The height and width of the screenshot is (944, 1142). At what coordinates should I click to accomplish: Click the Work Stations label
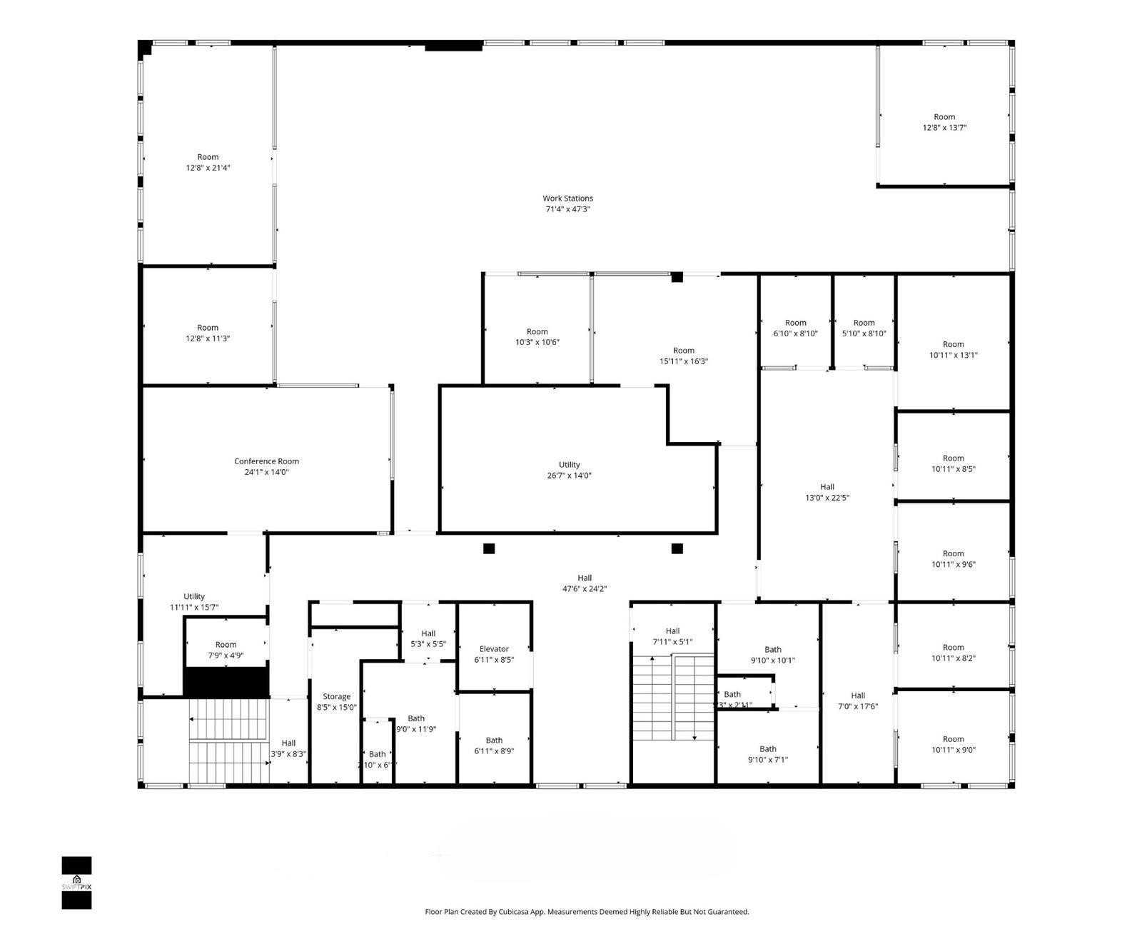point(567,199)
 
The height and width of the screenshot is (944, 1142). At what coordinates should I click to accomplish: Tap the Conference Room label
point(266,461)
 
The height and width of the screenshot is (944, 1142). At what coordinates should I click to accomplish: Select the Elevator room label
point(494,649)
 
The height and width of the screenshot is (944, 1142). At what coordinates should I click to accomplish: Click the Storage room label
point(336,696)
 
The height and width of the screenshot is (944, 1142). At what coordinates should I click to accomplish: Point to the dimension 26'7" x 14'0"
point(570,476)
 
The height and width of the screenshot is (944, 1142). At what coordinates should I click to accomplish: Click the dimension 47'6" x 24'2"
point(585,589)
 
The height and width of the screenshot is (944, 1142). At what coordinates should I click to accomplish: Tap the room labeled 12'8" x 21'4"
point(208,163)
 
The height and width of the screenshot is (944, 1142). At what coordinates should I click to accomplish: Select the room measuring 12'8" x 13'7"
point(944,122)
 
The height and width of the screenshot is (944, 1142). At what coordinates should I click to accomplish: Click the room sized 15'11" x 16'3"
point(683,356)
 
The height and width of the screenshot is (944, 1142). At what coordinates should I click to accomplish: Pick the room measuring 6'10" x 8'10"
point(795,328)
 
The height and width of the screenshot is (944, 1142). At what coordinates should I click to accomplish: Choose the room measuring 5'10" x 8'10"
point(864,328)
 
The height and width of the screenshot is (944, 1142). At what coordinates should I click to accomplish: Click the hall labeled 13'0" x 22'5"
point(827,493)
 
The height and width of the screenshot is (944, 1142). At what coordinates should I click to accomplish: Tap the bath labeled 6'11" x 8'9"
point(494,745)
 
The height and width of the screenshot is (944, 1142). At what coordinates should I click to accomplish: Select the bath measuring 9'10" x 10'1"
point(772,655)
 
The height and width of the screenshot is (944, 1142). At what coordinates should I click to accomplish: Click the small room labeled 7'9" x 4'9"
point(226,650)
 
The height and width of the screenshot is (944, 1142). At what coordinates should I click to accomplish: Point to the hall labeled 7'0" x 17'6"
point(858,701)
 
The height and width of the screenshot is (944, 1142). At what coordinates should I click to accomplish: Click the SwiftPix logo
point(76,883)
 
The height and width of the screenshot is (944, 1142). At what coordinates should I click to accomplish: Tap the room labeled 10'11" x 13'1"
point(953,349)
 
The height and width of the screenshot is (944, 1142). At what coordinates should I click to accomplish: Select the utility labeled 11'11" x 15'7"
point(194,602)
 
